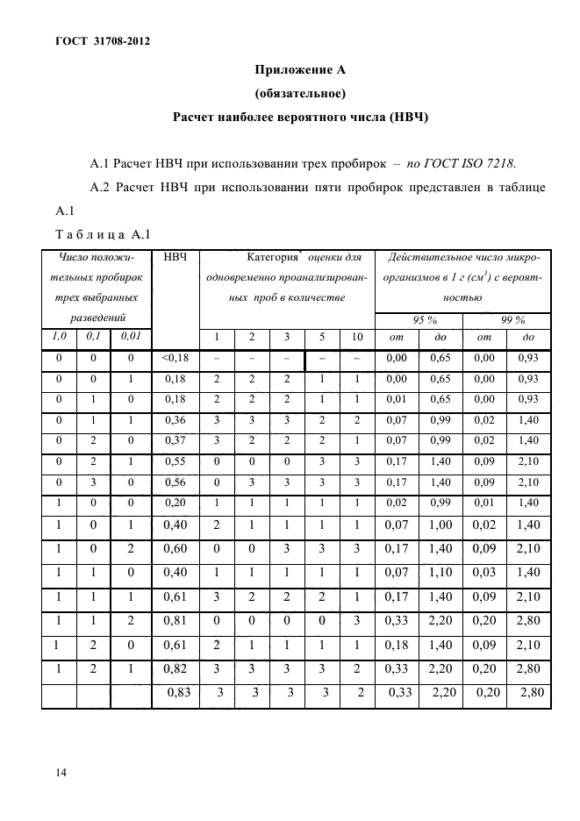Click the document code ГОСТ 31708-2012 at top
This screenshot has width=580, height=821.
90,41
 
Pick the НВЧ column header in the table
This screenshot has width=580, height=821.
176,258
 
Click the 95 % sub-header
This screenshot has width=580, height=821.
426,320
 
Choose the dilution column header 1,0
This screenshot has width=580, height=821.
59,337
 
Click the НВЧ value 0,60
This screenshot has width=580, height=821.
176,550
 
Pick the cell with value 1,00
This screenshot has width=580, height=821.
442,526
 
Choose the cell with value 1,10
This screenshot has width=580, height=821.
442,574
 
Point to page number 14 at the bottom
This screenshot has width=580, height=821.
61,772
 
